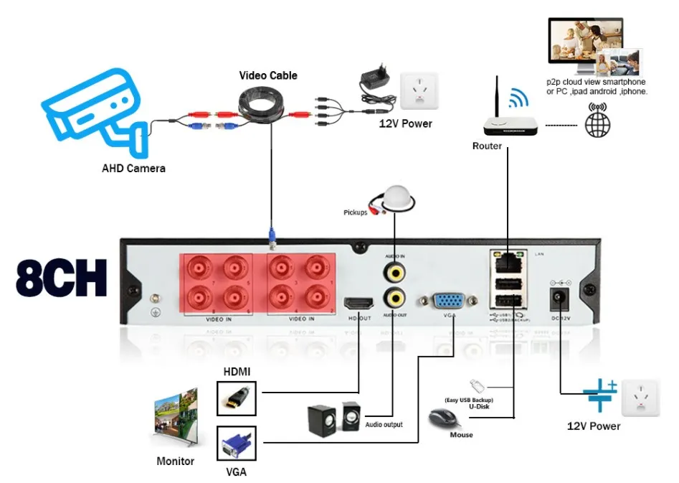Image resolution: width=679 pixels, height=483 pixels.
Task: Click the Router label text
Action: point(487,146)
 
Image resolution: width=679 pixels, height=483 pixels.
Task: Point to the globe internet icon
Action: point(598,123)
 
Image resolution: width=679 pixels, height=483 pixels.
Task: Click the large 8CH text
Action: point(61,278)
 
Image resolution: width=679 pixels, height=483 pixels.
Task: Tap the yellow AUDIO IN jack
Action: point(393,271)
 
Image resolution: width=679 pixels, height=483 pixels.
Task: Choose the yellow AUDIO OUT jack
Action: point(393,296)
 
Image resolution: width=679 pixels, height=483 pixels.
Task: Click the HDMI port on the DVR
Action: point(359,304)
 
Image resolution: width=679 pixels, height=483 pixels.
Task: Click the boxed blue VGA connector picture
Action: point(236,445)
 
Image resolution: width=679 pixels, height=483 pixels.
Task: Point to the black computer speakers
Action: point(334,418)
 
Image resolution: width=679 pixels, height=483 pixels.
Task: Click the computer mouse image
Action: point(443,418)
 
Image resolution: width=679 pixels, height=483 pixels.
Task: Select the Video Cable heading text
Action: point(268,75)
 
